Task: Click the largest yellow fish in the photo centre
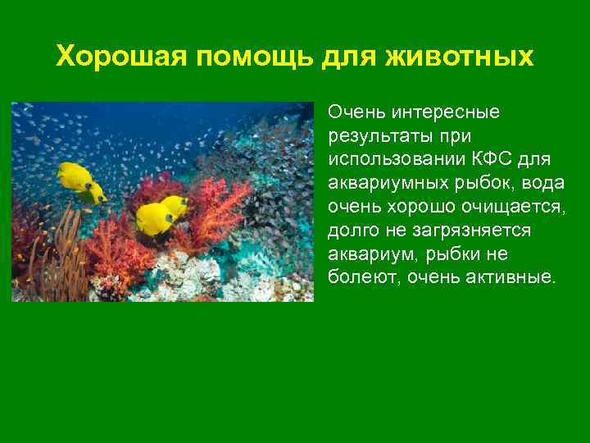point(156,217)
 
